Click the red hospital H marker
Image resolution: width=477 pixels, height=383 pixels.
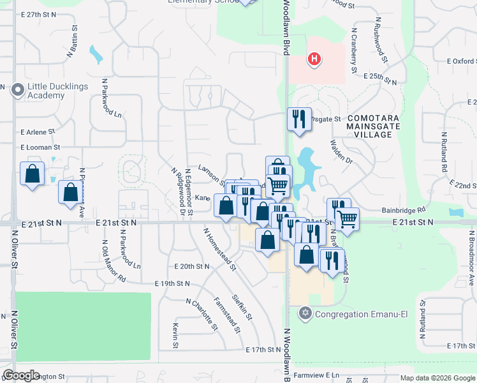pyautogui.click(x=314, y=60)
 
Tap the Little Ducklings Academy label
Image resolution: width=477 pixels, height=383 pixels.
pyautogui.click(x=46, y=91)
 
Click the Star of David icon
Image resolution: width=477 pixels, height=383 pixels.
pyautogui.click(x=305, y=313)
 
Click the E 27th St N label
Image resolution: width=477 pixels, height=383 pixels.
pyautogui.click(x=40, y=14)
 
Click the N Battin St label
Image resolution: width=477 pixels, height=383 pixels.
pyautogui.click(x=72, y=43)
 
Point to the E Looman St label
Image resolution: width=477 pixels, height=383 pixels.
pyautogui.click(x=40, y=147)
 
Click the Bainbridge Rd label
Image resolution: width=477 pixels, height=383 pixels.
pyautogui.click(x=404, y=209)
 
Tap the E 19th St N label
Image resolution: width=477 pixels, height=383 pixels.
pyautogui.click(x=173, y=283)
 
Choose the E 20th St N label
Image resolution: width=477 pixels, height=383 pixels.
pyautogui.click(x=192, y=266)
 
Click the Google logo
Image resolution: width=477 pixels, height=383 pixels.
pyautogui.click(x=22, y=375)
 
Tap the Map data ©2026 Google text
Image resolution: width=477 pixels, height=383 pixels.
pyautogui.click(x=437, y=378)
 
